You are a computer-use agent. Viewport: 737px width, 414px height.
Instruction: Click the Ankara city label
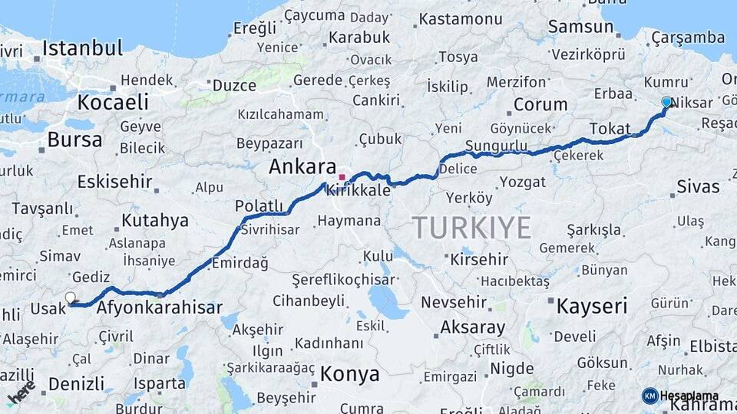coord(302,167)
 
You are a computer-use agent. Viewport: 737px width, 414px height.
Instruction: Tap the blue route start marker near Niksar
coord(666,102)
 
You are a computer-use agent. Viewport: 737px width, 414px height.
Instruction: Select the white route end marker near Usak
coord(71,297)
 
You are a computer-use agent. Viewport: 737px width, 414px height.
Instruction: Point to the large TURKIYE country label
coord(471,228)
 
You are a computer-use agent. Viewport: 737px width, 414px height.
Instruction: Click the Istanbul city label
coord(82,48)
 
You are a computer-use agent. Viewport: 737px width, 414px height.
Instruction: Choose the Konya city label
coord(349,374)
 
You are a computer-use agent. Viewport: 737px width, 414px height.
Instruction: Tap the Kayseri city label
coord(591,306)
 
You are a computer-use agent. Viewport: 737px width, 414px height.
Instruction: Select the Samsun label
coord(580,27)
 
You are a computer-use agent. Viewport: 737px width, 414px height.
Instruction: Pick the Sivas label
coord(698,186)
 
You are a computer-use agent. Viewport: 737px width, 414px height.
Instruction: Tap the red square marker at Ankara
coord(342,177)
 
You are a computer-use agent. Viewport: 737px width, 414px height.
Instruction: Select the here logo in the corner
coord(21,392)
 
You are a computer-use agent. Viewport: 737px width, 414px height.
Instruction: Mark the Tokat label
coord(610,129)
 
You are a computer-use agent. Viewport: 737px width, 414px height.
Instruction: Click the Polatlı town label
coord(259,205)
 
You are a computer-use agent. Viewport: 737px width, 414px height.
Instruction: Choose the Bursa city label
coord(74,140)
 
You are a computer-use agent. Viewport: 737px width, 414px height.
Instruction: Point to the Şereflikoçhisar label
coord(343,280)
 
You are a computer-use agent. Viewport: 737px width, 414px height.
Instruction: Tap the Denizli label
coord(76,383)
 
